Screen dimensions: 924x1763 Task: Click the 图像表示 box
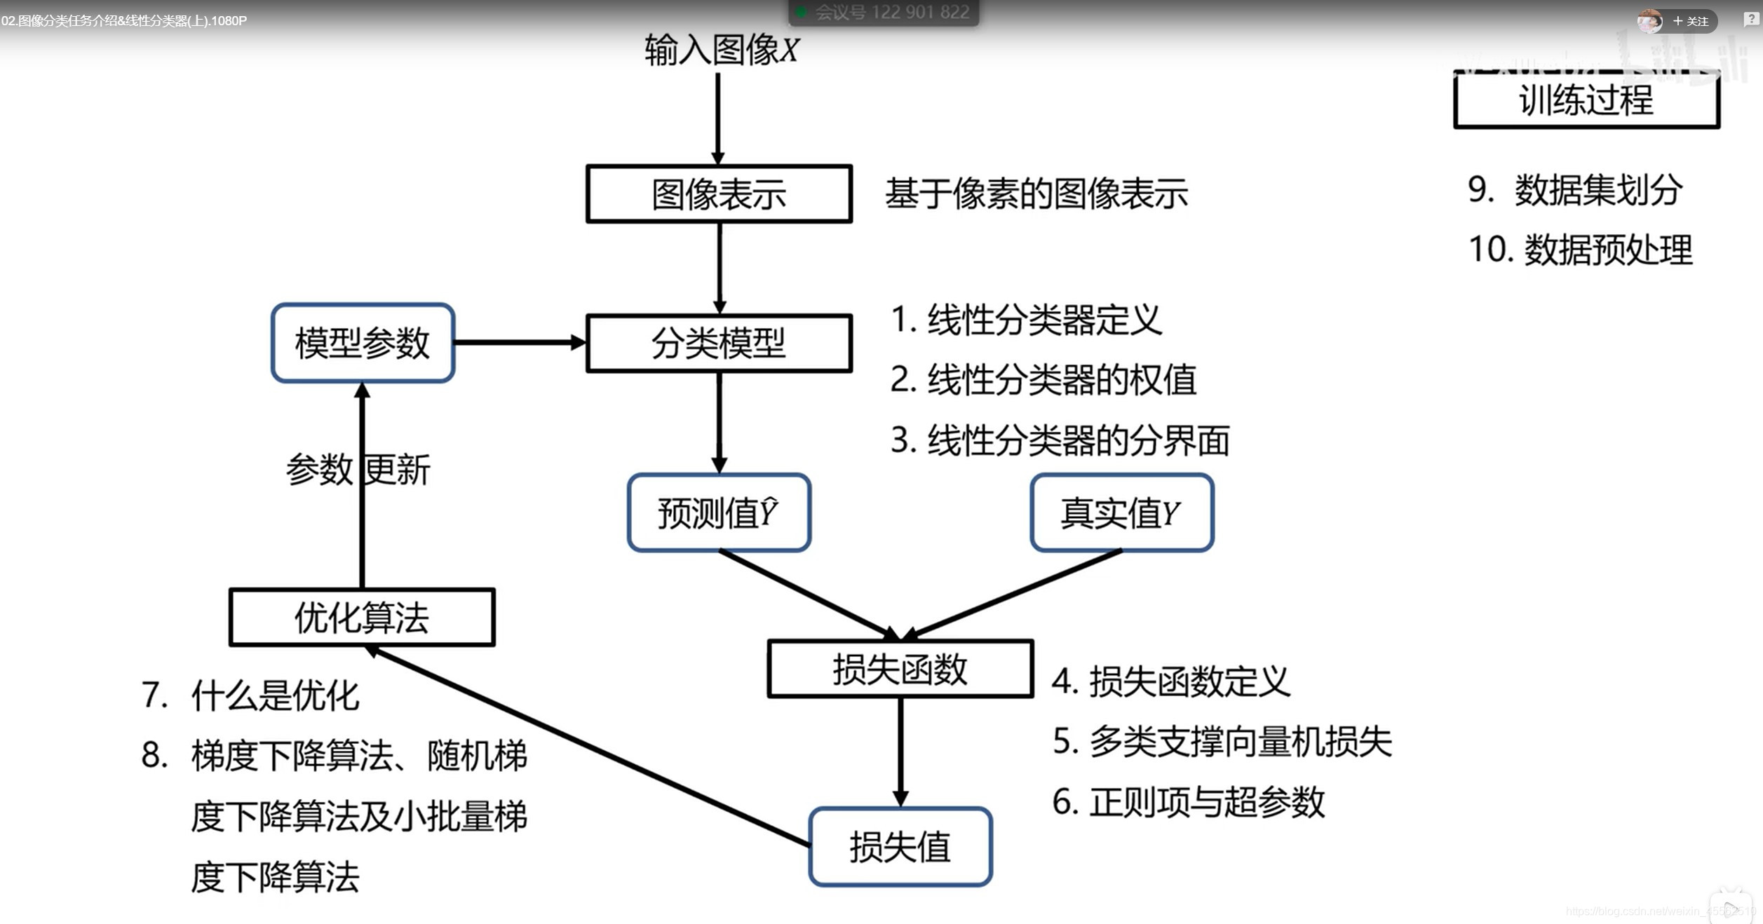pyautogui.click(x=719, y=194)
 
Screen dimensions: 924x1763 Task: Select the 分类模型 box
pyautogui.click(x=719, y=343)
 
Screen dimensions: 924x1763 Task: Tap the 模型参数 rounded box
pyautogui.click(x=363, y=343)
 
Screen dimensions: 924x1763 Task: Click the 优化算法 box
pyautogui.click(x=362, y=618)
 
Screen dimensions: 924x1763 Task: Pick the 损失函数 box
pyautogui.click(x=900, y=669)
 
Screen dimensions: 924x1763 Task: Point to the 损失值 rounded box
pyautogui.click(x=900, y=847)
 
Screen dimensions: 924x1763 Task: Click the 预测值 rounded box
pyautogui.click(x=719, y=512)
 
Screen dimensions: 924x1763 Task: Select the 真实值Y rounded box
pyautogui.click(x=1121, y=512)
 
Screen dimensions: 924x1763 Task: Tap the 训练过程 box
pyautogui.click(x=1586, y=100)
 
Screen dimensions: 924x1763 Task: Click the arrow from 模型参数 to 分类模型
pyautogui.click(x=519, y=343)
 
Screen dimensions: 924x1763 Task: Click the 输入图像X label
pyautogui.click(x=722, y=50)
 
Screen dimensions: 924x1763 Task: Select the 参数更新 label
pyautogui.click(x=358, y=469)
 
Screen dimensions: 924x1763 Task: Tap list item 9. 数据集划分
pyautogui.click(x=1574, y=189)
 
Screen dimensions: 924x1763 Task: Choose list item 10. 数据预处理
pyautogui.click(x=1580, y=250)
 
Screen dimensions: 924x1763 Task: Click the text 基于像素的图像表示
pyautogui.click(x=1036, y=194)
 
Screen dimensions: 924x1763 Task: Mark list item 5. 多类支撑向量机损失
pyautogui.click(x=1222, y=741)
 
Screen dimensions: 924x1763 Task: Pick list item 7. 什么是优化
pyautogui.click(x=250, y=695)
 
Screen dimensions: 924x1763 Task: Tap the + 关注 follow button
pyautogui.click(x=1690, y=21)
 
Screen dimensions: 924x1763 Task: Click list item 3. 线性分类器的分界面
pyautogui.click(x=1060, y=440)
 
